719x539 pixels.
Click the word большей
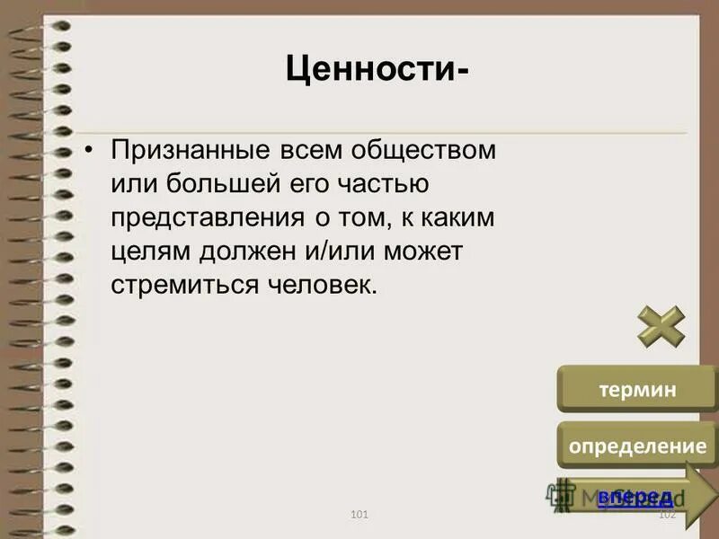(x=199, y=184)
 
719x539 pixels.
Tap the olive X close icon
(x=661, y=327)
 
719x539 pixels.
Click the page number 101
(x=359, y=514)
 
